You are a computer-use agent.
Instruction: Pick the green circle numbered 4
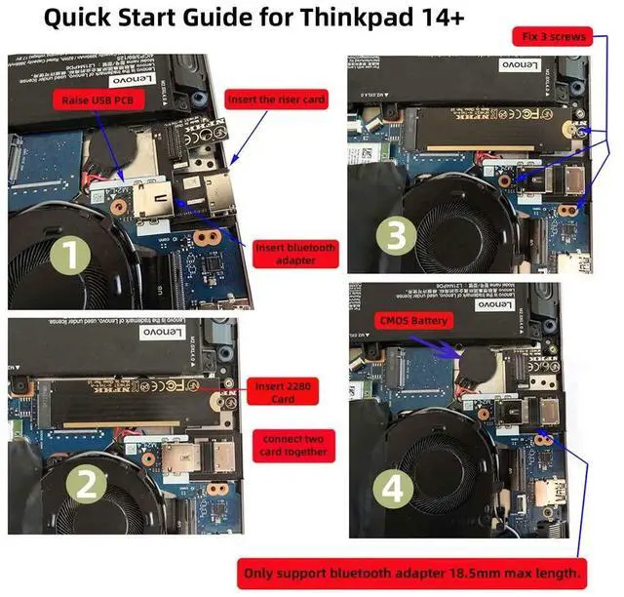(x=393, y=490)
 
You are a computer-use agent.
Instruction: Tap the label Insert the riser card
(x=275, y=99)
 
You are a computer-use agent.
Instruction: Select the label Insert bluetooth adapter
(x=295, y=255)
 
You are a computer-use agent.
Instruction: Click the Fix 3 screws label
(x=553, y=36)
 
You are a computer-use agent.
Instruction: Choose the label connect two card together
(x=292, y=445)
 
